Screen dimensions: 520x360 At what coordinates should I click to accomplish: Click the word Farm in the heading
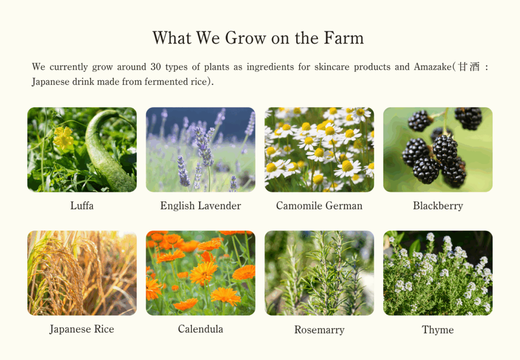point(344,38)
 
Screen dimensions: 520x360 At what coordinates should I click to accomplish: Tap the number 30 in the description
point(155,67)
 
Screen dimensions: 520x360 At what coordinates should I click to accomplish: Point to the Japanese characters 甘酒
point(469,67)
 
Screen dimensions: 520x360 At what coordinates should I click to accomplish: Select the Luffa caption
point(82,206)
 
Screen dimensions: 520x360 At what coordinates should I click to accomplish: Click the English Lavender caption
point(201,206)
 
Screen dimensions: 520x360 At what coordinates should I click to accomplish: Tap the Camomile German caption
point(319,206)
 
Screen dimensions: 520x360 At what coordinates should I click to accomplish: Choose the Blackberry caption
point(438,206)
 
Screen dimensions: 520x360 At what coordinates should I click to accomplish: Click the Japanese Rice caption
point(82,329)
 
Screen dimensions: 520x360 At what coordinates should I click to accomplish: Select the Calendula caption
point(200,329)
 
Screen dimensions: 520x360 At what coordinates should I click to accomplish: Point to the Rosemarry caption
point(319,330)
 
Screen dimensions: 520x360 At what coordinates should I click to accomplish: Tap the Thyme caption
point(438,330)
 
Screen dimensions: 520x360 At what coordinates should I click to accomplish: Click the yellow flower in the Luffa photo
point(63,137)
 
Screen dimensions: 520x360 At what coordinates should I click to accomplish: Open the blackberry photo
point(438,149)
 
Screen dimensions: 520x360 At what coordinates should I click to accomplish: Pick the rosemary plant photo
point(319,273)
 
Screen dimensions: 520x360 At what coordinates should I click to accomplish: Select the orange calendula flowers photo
point(201,273)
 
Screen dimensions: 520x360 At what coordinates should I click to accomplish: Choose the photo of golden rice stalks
point(82,273)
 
